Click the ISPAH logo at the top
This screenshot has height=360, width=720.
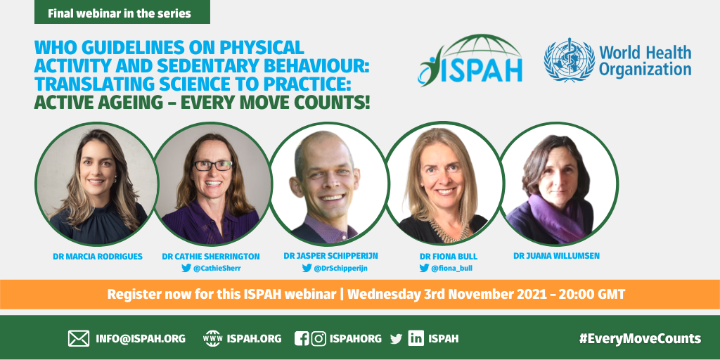click(470, 60)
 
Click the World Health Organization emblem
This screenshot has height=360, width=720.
click(569, 60)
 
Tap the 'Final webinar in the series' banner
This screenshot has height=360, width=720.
click(122, 12)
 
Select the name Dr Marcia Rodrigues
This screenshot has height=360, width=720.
click(98, 256)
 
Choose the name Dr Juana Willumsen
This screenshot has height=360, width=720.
click(557, 256)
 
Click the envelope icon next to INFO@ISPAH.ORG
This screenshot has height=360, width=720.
click(79, 339)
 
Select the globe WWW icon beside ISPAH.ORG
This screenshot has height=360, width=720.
click(212, 339)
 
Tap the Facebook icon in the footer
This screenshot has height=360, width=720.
click(301, 339)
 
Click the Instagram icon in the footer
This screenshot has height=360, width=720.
click(319, 339)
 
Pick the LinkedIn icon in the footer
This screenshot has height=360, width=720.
click(416, 339)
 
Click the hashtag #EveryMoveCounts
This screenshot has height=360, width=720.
click(640, 339)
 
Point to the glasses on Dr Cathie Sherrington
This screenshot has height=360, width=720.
click(212, 165)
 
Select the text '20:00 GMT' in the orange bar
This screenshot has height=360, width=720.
click(592, 294)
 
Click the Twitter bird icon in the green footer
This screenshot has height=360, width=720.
click(396, 340)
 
